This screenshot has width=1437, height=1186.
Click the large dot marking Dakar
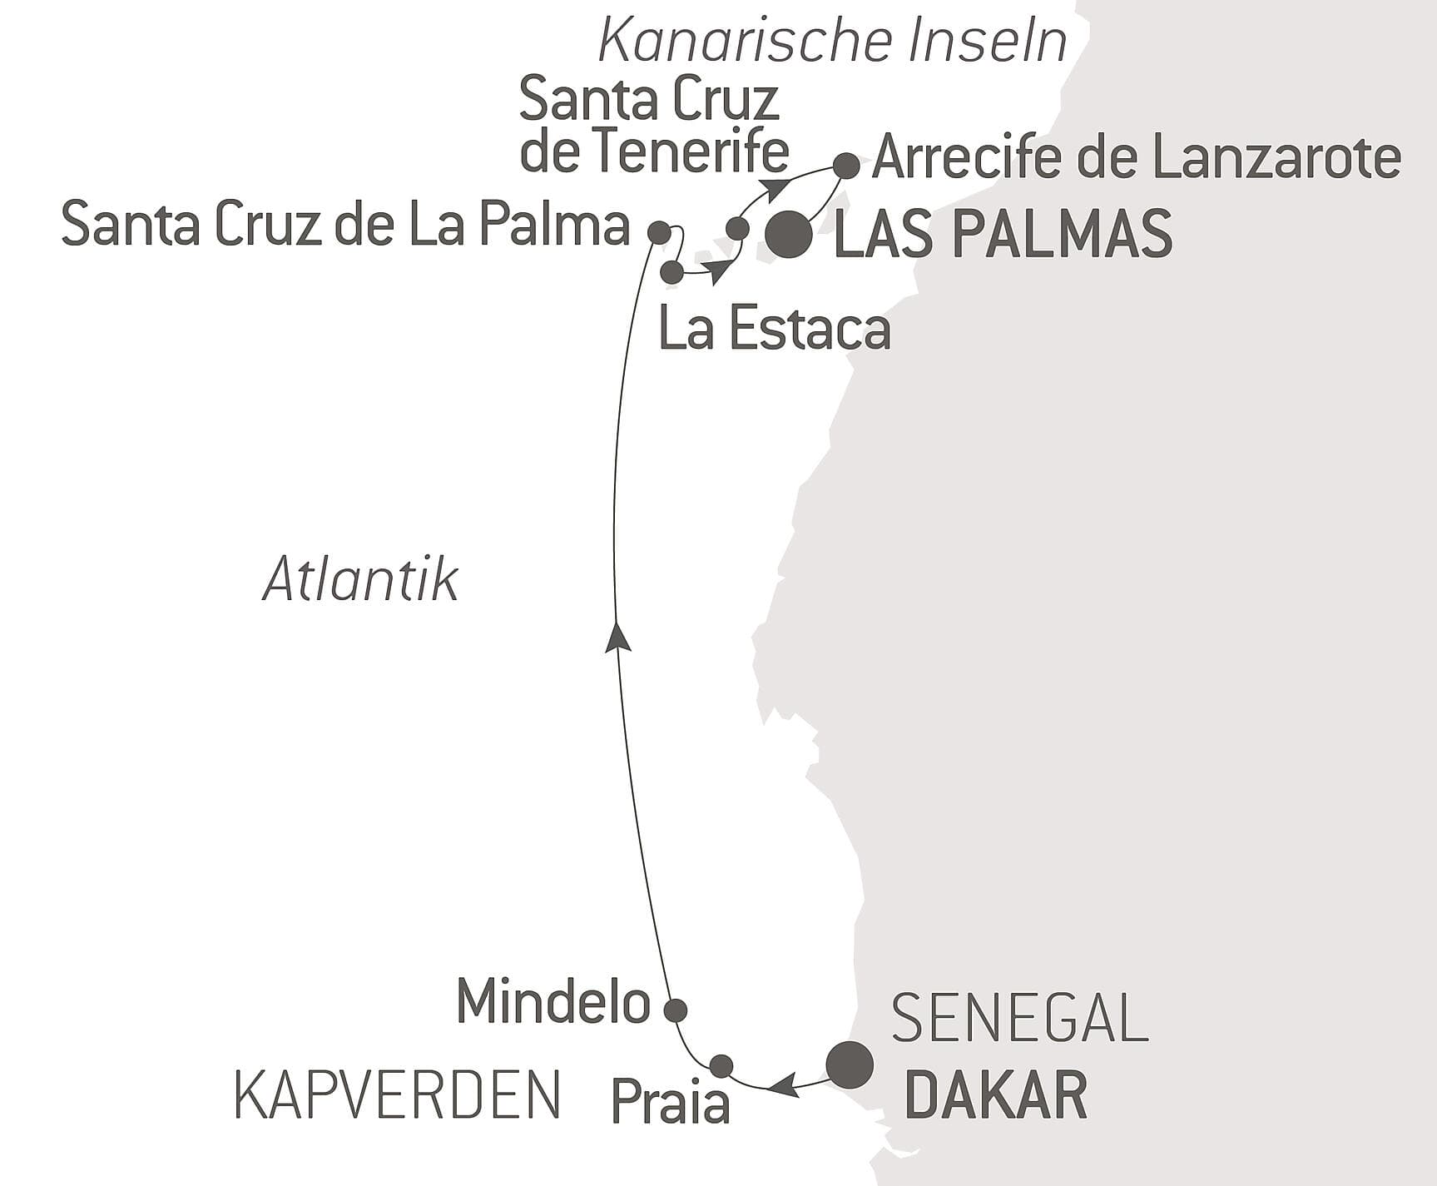[850, 1064]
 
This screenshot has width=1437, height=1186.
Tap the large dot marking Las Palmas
[789, 236]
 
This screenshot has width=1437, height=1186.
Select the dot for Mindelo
[675, 1010]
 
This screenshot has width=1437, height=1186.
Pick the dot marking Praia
[721, 1065]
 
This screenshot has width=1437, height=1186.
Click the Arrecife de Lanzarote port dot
[846, 166]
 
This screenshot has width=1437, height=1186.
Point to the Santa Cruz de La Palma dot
[659, 232]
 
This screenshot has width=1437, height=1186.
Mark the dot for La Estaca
[671, 271]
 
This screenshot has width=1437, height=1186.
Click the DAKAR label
[995, 1096]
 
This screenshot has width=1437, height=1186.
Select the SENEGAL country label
[1020, 1018]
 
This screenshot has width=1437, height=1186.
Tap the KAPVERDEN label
[398, 1095]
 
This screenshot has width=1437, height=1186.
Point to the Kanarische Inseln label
[833, 42]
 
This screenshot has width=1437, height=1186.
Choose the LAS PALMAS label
[1003, 236]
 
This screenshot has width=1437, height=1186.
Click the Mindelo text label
[553, 1001]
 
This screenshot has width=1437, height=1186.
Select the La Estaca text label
[775, 330]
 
